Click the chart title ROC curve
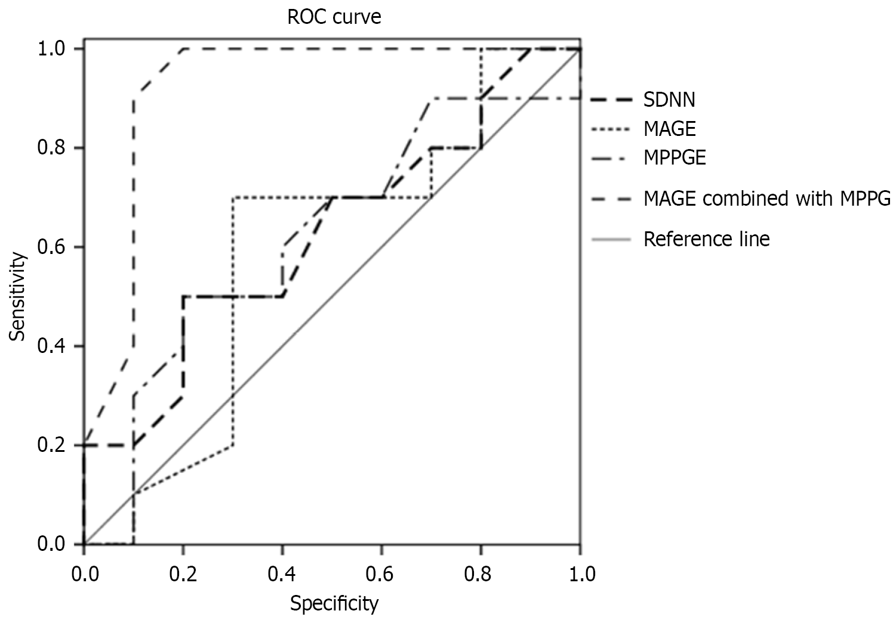click(x=334, y=17)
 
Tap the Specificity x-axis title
click(x=334, y=603)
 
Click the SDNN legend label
click(x=669, y=99)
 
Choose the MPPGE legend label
click(x=675, y=158)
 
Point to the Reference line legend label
click(x=707, y=239)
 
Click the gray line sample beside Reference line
click(x=611, y=240)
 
